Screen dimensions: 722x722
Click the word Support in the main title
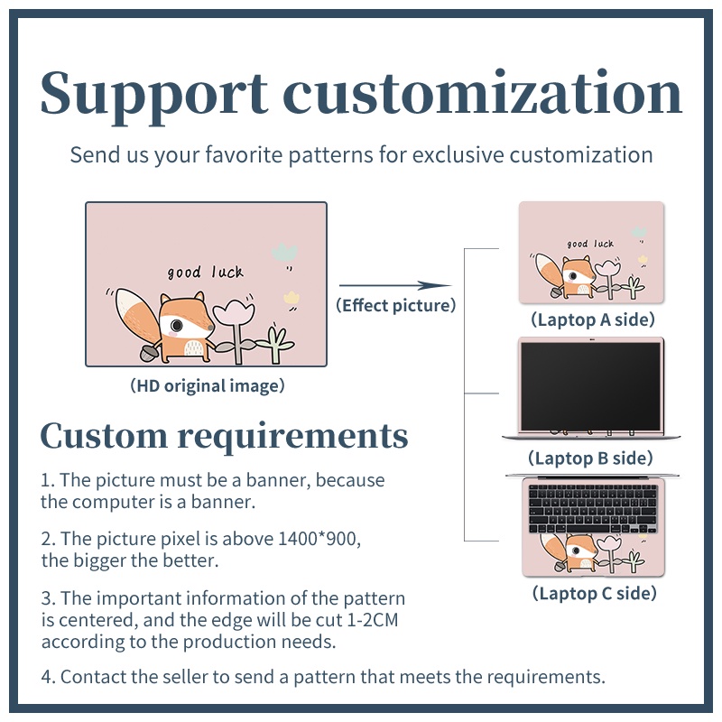[154, 96]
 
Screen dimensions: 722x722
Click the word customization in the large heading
[482, 92]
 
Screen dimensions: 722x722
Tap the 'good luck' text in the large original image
[206, 273]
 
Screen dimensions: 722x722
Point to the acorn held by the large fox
[149, 352]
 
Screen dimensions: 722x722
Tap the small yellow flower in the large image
[291, 297]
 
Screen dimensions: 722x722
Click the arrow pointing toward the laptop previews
[395, 285]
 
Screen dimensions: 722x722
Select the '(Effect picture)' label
[396, 305]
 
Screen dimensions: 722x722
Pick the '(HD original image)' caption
[208, 386]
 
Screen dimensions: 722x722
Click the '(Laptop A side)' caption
[593, 319]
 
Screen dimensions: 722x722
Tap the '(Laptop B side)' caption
[591, 458]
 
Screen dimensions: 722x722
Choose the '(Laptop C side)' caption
[595, 593]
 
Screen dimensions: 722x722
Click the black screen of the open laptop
[591, 387]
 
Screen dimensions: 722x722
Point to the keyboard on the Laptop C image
[593, 509]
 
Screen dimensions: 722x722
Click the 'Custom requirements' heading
[224, 436]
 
